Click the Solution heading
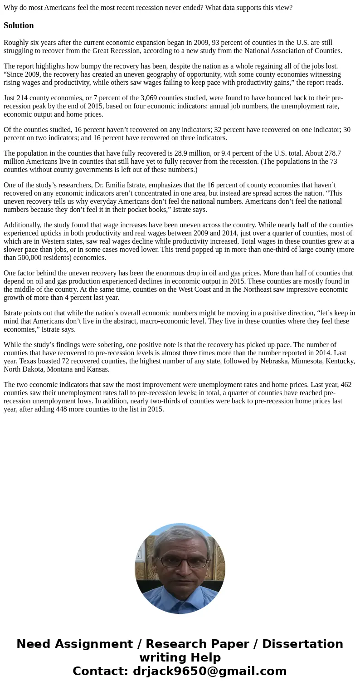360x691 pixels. click(x=19, y=25)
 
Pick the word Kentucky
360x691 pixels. click(x=340, y=361)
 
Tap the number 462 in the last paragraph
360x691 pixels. click(x=345, y=385)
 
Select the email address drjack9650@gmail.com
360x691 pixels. click(x=209, y=671)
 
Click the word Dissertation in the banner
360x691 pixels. click(x=302, y=644)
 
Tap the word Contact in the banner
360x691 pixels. click(x=99, y=671)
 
